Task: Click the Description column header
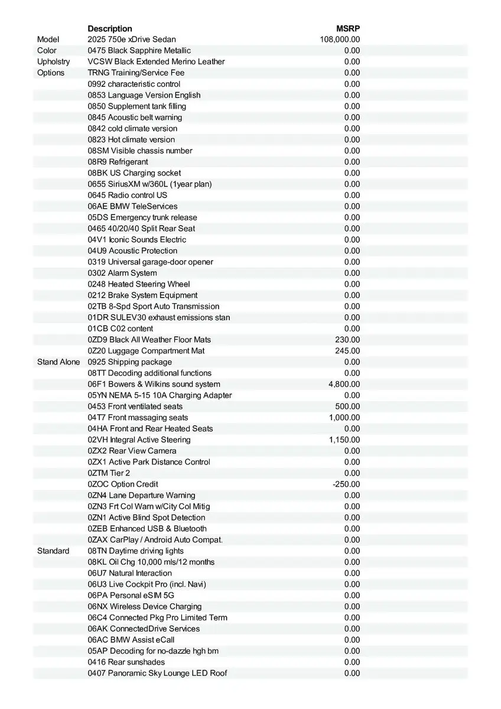[110, 28]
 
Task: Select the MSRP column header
[348, 28]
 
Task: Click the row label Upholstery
[53, 61]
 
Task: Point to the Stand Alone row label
[58, 362]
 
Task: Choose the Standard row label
[53, 551]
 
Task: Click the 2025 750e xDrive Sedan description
[132, 40]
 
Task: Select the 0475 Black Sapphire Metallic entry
[139, 51]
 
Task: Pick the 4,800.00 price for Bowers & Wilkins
[344, 384]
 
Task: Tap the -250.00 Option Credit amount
[346, 484]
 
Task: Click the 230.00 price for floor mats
[347, 340]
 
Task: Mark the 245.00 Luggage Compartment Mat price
[347, 351]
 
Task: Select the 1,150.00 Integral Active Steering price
[344, 440]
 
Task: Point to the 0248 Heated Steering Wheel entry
[139, 284]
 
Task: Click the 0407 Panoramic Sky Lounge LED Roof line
[157, 673]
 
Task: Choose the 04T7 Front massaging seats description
[138, 418]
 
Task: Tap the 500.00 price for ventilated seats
[347, 406]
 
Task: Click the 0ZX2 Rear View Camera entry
[132, 451]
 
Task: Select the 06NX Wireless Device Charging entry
[145, 606]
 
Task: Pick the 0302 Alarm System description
[122, 273]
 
